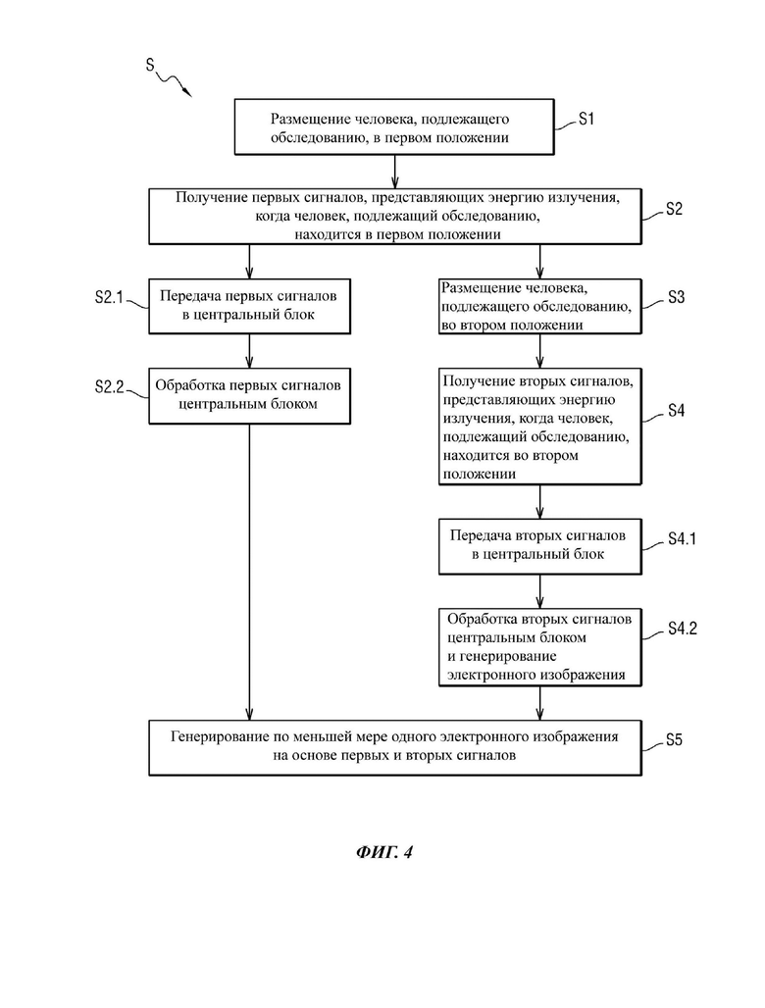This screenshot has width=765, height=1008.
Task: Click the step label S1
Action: click(x=586, y=119)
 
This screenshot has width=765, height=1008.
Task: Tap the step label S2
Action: click(x=674, y=209)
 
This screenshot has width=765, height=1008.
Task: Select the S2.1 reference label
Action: click(x=109, y=297)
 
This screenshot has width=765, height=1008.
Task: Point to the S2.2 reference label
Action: click(x=109, y=386)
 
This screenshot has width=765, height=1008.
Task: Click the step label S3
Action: click(x=676, y=297)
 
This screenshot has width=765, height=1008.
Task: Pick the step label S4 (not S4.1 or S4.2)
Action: click(x=676, y=411)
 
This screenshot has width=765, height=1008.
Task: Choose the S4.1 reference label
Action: click(x=682, y=538)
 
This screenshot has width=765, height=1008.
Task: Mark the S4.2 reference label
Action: click(x=682, y=629)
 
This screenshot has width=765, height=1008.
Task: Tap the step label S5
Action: click(x=674, y=740)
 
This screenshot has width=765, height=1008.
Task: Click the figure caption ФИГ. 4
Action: click(x=383, y=852)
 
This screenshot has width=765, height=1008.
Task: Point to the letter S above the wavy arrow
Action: click(x=150, y=65)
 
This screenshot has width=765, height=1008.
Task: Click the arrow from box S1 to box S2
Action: click(x=394, y=172)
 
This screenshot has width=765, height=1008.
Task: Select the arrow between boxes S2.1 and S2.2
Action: click(x=249, y=351)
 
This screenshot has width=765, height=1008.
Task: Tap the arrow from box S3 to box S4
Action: click(x=539, y=351)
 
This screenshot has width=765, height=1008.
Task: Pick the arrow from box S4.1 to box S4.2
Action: click(x=539, y=591)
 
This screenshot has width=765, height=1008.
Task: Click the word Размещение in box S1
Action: click(x=302, y=120)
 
